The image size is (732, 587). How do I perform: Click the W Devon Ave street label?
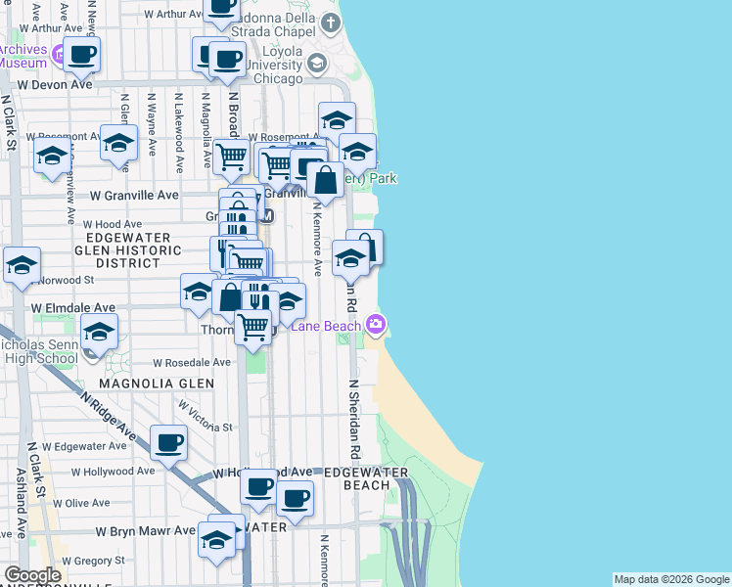click(54, 85)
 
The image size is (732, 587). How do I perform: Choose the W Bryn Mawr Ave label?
click(146, 531)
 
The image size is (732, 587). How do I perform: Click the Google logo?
click(32, 575)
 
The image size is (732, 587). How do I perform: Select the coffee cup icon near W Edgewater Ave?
click(168, 443)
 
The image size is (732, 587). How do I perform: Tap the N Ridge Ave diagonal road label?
click(109, 415)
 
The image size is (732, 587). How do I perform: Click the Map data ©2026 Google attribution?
click(671, 579)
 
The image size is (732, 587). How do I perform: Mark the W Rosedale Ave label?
click(191, 362)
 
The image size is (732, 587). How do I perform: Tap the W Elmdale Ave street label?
click(73, 306)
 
